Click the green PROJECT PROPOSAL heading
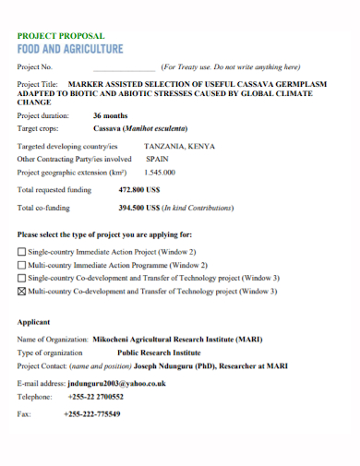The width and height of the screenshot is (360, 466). (x=61, y=35)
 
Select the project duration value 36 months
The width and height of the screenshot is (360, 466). (x=111, y=116)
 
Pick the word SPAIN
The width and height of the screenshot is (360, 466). (x=157, y=159)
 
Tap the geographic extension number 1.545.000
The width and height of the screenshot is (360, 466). (x=160, y=172)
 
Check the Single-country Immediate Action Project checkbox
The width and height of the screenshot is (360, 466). (x=22, y=252)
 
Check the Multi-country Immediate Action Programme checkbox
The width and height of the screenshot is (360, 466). (x=22, y=265)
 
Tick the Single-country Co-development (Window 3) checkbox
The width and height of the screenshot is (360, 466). (x=22, y=278)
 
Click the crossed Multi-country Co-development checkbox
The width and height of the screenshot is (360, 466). (x=22, y=292)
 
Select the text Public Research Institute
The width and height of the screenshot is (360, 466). (x=158, y=352)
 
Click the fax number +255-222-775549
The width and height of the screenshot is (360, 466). (x=92, y=413)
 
